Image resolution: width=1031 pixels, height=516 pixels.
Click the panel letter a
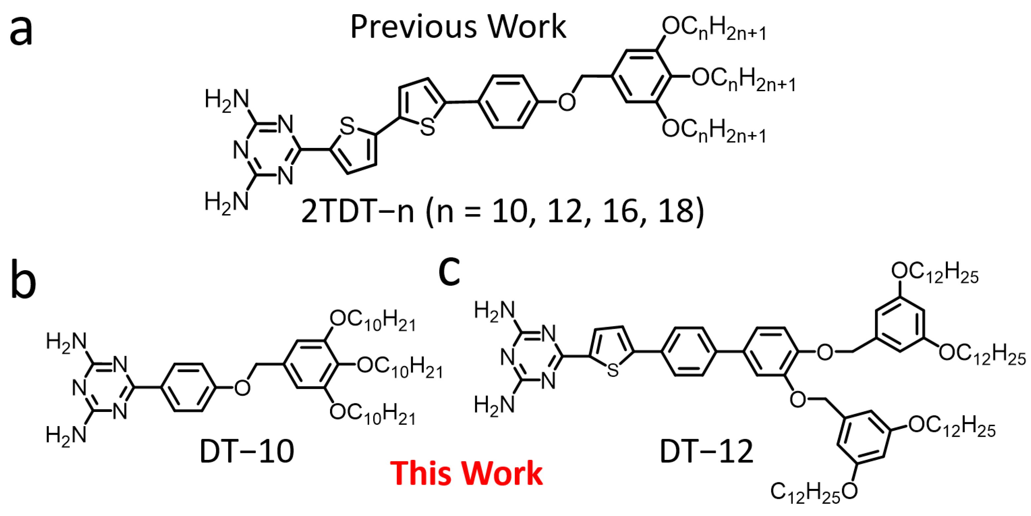point(21,31)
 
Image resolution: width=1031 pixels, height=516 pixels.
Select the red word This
point(419,473)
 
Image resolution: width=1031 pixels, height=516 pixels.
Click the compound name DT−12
point(706,451)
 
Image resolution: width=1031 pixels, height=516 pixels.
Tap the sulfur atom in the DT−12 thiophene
point(612,370)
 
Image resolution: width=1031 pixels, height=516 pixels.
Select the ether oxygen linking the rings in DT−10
point(242,388)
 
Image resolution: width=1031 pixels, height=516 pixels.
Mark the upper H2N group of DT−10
point(66,343)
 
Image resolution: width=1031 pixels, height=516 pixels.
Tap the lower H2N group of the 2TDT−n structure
point(226,202)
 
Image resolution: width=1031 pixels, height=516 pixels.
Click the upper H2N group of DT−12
point(494,311)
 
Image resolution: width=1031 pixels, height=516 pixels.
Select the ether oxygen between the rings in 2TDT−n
point(567,102)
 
